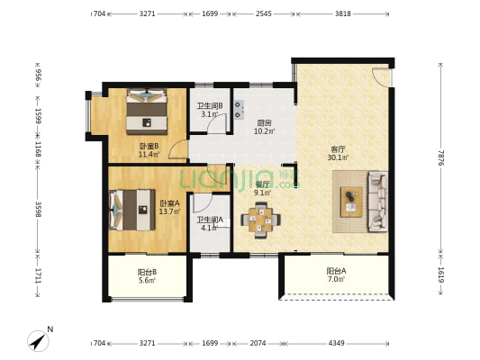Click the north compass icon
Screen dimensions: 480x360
coord(38,341)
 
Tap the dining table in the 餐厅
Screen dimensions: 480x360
coord(260,220)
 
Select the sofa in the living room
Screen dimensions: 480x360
coord(377,202)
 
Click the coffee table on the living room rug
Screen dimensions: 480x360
coord(351,202)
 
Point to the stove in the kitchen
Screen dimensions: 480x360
coord(240,110)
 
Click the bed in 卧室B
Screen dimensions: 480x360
coord(147,112)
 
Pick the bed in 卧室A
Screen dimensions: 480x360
coord(132,210)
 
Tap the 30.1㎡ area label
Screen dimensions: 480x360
coord(338,157)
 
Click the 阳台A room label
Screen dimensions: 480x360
coord(336,271)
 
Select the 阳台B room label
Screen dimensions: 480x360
coord(148,272)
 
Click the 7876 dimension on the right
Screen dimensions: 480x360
coord(440,157)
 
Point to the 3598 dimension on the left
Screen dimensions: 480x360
coord(38,209)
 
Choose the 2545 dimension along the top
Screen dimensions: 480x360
coord(264,13)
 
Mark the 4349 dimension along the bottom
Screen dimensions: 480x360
coord(337,343)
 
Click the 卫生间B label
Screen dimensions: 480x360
coord(210,106)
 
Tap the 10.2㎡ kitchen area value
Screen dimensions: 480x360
coord(264,131)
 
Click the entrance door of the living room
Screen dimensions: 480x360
coord(382,76)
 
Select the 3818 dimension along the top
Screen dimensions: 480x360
coord(343,13)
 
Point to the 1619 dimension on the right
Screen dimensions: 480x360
coord(440,274)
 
